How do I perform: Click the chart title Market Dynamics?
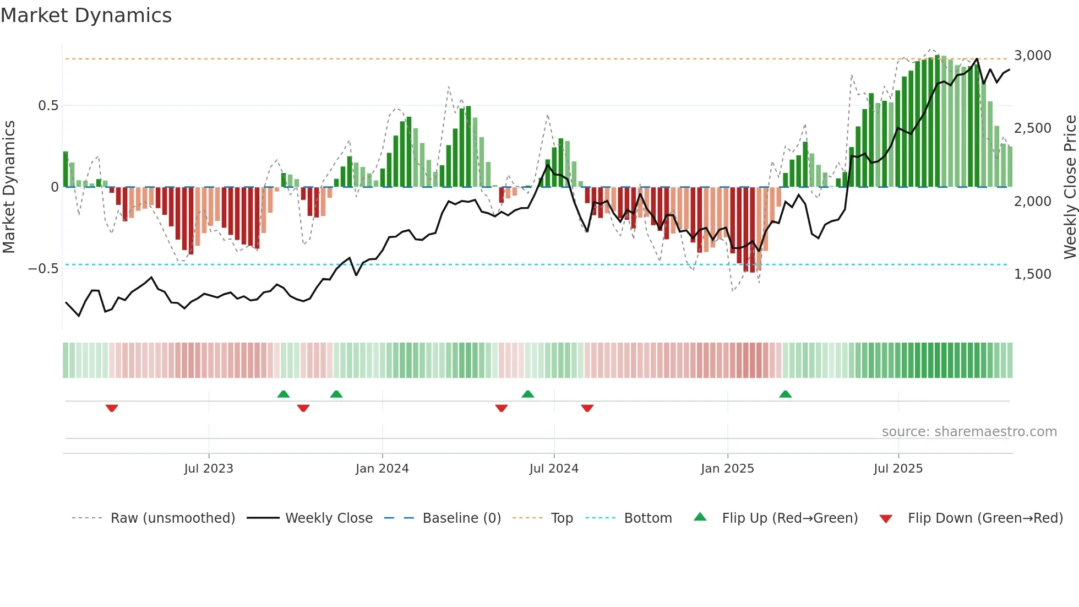[86, 15]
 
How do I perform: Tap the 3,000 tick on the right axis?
[1032, 56]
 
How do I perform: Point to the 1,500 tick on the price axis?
[1032, 274]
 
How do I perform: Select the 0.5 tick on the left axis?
[48, 106]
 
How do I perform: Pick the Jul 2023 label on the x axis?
[209, 469]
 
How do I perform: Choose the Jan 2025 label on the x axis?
[727, 469]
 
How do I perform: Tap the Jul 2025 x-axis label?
[898, 469]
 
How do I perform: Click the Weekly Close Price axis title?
[1070, 187]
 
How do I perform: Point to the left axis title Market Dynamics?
[9, 187]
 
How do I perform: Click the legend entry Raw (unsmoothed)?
[172, 518]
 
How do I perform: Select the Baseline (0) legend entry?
[461, 518]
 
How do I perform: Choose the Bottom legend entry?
[647, 518]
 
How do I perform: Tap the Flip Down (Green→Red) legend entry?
[985, 518]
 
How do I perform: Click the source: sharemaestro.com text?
[969, 432]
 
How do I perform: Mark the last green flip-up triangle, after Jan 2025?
[785, 394]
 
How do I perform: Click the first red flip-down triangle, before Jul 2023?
[112, 408]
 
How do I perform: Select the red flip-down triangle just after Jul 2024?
[587, 408]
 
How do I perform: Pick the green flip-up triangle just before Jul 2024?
[527, 394]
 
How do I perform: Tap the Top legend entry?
[562, 518]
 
